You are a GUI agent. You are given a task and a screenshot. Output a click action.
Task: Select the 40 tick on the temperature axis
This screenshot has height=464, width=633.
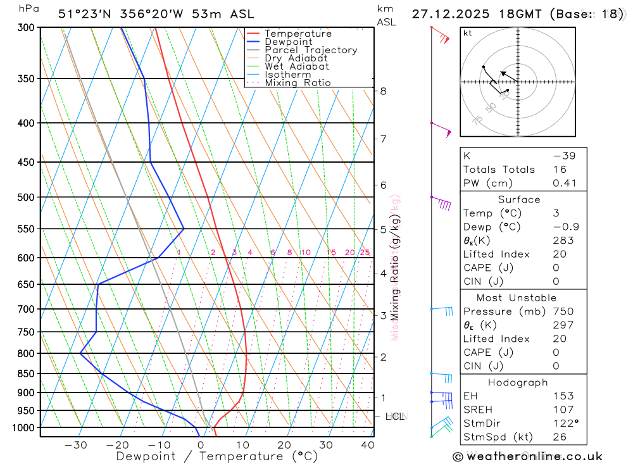click(x=367, y=445)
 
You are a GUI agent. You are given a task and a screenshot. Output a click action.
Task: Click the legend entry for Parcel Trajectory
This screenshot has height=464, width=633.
click(x=311, y=50)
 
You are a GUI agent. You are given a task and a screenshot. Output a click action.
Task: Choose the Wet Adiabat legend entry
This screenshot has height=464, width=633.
click(x=297, y=66)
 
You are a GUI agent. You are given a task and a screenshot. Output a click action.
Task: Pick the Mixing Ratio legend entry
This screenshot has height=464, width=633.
click(x=298, y=83)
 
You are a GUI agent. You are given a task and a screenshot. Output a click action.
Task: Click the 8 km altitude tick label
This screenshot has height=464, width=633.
click(x=384, y=91)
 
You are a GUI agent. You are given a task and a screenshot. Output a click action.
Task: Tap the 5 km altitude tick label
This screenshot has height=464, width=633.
click(x=384, y=229)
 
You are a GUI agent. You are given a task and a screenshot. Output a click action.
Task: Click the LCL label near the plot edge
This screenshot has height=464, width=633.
click(x=395, y=417)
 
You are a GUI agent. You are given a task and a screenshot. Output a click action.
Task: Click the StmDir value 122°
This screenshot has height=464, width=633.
click(x=565, y=423)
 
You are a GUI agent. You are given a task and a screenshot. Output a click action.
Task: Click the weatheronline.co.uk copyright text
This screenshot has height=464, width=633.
click(x=528, y=456)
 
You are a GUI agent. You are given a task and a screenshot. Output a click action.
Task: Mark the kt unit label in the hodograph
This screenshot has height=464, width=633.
click(x=467, y=34)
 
